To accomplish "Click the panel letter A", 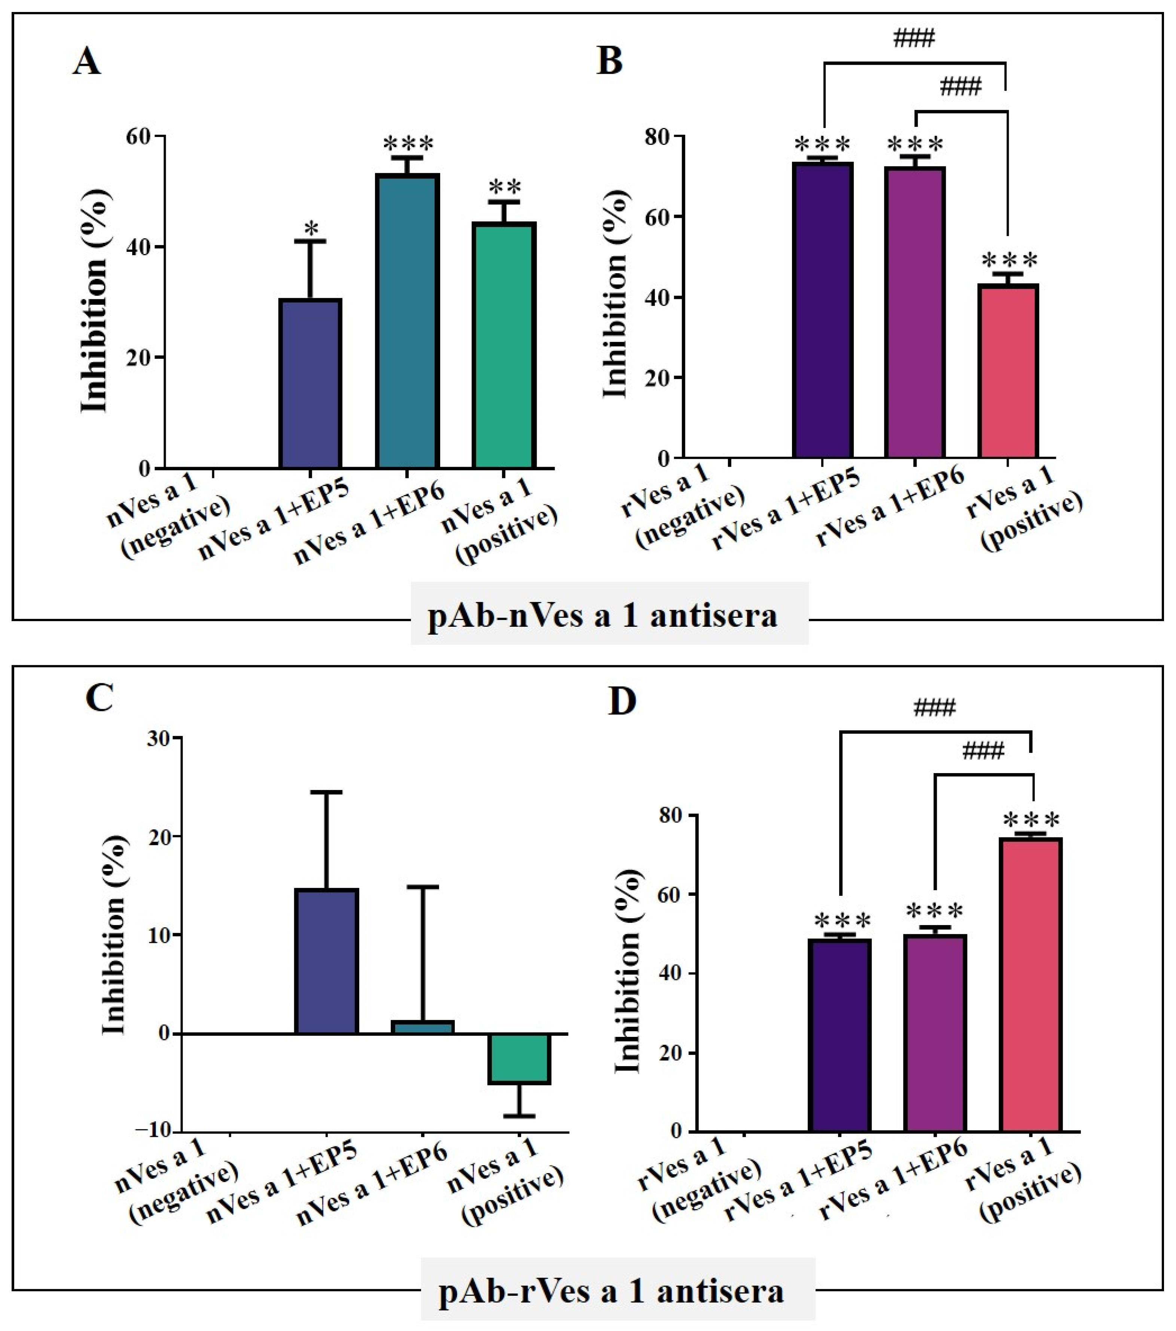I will coord(86,62).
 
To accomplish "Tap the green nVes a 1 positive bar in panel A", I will coord(504,345).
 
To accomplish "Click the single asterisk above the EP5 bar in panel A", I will coord(311,229).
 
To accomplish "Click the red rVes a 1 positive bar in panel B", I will coord(1008,371).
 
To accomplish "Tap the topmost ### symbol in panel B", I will coord(914,39).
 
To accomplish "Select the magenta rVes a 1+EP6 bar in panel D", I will coord(935,1033).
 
